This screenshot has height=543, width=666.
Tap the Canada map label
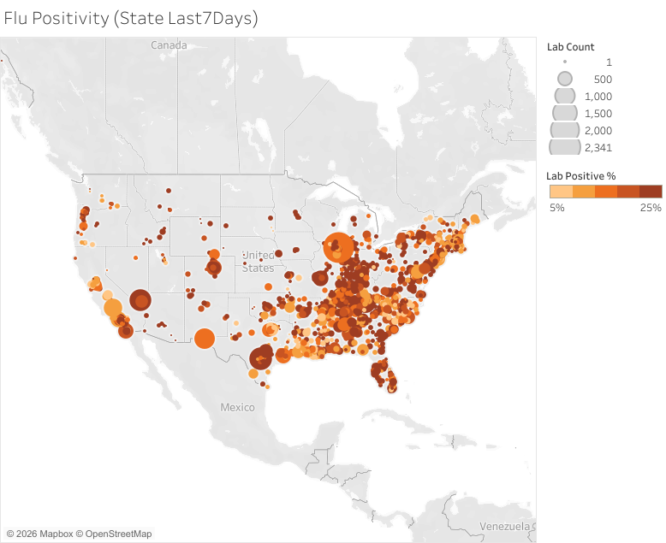click(169, 44)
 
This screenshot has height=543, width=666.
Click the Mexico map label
click(237, 407)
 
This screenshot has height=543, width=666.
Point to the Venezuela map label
click(505, 524)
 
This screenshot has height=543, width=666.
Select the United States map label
click(257, 262)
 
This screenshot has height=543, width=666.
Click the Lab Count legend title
click(570, 47)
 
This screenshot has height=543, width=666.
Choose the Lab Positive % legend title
click(581, 175)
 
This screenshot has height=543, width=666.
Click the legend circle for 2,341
click(565, 147)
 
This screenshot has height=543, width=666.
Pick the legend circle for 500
click(565, 79)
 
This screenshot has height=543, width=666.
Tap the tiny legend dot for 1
click(565, 62)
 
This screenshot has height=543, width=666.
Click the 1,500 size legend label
click(598, 113)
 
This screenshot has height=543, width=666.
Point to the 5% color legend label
click(556, 208)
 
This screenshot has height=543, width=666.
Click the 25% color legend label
click(650, 208)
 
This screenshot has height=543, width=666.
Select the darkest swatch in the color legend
click(650, 192)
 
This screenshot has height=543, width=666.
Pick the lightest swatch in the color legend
click(561, 192)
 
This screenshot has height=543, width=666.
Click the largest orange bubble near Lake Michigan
click(338, 249)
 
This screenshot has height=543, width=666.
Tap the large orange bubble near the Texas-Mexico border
click(204, 339)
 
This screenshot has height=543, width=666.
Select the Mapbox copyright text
click(39, 534)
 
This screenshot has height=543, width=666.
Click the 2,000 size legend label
click(598, 130)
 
